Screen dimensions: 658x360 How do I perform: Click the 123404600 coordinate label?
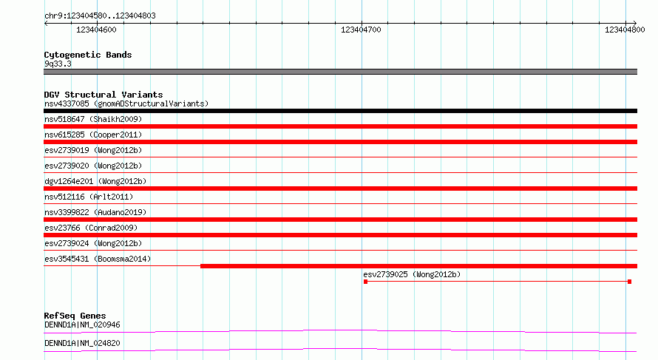[96, 30]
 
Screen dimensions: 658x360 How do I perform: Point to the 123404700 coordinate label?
[361, 30]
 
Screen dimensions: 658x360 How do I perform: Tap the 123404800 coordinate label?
[625, 30]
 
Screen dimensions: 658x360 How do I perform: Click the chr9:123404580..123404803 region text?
[100, 16]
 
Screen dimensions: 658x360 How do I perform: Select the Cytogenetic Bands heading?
[88, 55]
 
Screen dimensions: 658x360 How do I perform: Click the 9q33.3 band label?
[58, 64]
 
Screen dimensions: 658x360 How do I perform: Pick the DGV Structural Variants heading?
[104, 95]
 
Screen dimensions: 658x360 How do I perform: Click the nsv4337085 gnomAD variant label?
[126, 103]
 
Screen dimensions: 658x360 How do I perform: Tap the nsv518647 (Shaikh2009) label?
[93, 119]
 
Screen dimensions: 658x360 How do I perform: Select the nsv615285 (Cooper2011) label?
[93, 135]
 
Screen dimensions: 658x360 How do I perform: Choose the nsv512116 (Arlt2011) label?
[89, 197]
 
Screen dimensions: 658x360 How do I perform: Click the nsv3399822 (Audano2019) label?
[95, 212]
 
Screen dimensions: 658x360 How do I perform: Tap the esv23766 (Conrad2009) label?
[91, 228]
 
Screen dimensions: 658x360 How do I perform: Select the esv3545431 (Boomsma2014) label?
[98, 259]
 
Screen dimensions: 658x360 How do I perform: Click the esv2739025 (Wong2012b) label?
[412, 274]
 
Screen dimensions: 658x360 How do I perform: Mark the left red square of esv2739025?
[365, 282]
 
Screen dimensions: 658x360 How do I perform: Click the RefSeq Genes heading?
[75, 316]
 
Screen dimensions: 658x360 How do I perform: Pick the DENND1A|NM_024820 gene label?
[82, 343]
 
